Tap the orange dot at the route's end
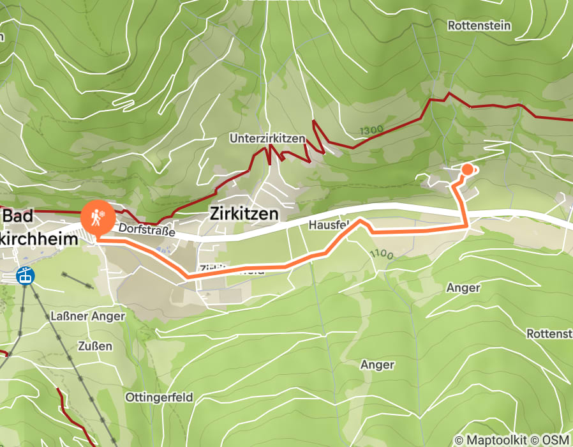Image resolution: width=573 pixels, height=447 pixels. (467, 169)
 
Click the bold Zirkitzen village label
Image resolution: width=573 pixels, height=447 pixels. (244, 215)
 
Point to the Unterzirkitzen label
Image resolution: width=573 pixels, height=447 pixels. (267, 139)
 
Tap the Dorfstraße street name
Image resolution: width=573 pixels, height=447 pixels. (147, 229)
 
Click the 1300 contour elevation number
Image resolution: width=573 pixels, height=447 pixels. (371, 130)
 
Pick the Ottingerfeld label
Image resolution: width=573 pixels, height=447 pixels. (159, 397)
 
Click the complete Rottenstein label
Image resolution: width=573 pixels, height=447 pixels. (479, 26)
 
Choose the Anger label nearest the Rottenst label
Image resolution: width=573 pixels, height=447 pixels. (463, 288)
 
